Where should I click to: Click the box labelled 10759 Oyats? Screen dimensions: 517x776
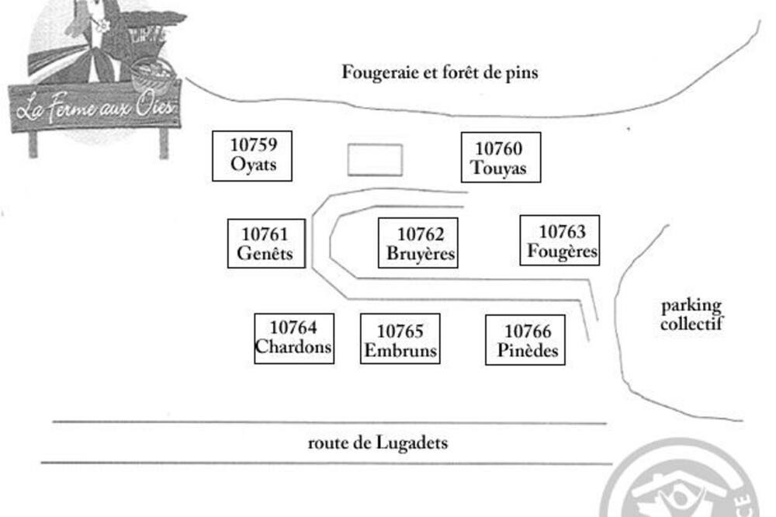(x=252, y=155)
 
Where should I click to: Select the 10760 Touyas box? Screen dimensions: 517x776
(x=501, y=158)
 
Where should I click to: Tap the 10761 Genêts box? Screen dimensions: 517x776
(x=266, y=244)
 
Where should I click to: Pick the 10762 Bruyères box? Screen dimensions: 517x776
(x=418, y=244)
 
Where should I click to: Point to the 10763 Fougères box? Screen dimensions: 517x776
(x=559, y=241)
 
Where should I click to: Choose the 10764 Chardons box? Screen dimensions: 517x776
(x=294, y=338)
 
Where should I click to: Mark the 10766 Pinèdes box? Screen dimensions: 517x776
(x=525, y=340)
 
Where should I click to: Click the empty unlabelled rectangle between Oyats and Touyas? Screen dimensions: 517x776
(x=375, y=160)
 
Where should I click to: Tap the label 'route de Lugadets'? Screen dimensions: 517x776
(x=378, y=443)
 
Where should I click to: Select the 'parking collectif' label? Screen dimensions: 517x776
(x=691, y=314)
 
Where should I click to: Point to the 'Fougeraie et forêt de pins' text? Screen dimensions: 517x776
(x=440, y=73)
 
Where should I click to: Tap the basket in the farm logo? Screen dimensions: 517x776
(x=152, y=76)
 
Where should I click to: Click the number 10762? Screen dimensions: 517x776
(x=421, y=234)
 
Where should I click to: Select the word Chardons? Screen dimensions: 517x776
(x=294, y=347)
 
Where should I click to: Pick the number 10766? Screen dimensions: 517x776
(x=528, y=331)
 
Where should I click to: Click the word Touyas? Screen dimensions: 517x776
(x=498, y=168)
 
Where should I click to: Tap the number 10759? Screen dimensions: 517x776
(x=254, y=145)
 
